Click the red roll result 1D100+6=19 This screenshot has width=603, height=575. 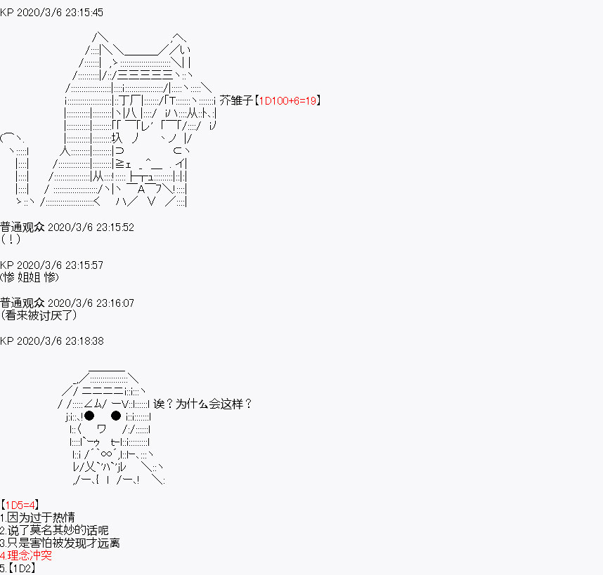287,100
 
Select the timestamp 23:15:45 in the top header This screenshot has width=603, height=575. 84,13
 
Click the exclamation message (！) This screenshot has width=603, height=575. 11,239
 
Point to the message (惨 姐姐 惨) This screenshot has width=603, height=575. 30,277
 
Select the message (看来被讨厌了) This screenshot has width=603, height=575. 39,315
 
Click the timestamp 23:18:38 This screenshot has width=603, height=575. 84,341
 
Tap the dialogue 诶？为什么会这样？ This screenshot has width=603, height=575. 202,404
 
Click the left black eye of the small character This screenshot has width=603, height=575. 89,416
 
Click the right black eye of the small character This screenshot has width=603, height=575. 116,416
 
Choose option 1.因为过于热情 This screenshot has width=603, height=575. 37,517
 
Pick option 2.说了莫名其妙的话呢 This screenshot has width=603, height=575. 54,530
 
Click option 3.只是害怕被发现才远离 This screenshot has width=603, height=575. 60,543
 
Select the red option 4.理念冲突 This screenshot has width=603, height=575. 26,555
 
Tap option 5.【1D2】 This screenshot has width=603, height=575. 18,568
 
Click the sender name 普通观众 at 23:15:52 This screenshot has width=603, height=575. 22,227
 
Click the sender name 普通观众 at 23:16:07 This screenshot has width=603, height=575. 22,303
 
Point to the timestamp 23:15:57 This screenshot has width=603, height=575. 84,265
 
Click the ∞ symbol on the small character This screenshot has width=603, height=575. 106,454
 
